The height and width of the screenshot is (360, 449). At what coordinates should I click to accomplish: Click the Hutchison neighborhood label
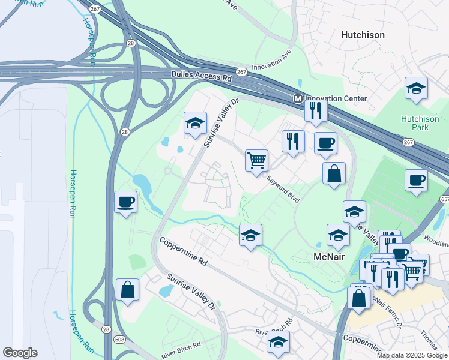click(363, 35)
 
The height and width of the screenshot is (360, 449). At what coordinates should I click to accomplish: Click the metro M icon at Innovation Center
click(297, 98)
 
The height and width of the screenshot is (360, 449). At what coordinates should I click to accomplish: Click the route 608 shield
click(120, 340)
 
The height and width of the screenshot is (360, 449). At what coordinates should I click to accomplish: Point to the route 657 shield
click(444, 199)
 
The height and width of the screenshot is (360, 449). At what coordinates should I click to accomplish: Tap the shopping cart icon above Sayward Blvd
click(256, 160)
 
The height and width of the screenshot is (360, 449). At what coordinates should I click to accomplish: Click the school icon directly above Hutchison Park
click(416, 88)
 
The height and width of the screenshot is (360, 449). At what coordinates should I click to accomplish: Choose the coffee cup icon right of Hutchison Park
click(416, 179)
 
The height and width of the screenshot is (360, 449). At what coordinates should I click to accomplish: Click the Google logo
click(20, 353)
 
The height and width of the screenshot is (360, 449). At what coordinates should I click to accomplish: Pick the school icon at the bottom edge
click(278, 341)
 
